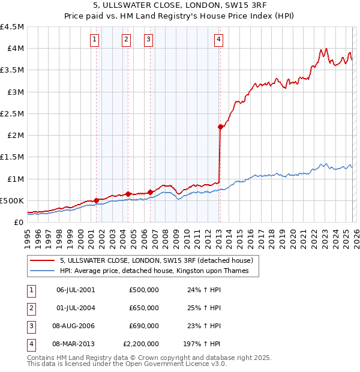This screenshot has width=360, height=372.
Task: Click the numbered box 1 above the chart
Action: (x=95, y=40)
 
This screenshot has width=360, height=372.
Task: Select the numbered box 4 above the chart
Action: (x=219, y=40)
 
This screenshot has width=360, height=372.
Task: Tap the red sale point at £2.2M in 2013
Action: (x=220, y=127)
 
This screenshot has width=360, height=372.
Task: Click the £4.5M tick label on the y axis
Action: (x=12, y=27)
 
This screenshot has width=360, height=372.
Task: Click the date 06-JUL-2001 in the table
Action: (x=76, y=290)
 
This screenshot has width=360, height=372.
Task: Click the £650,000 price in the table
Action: (x=144, y=308)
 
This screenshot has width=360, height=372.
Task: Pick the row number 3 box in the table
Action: (x=31, y=326)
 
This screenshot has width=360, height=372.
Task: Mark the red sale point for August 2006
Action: (x=149, y=192)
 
